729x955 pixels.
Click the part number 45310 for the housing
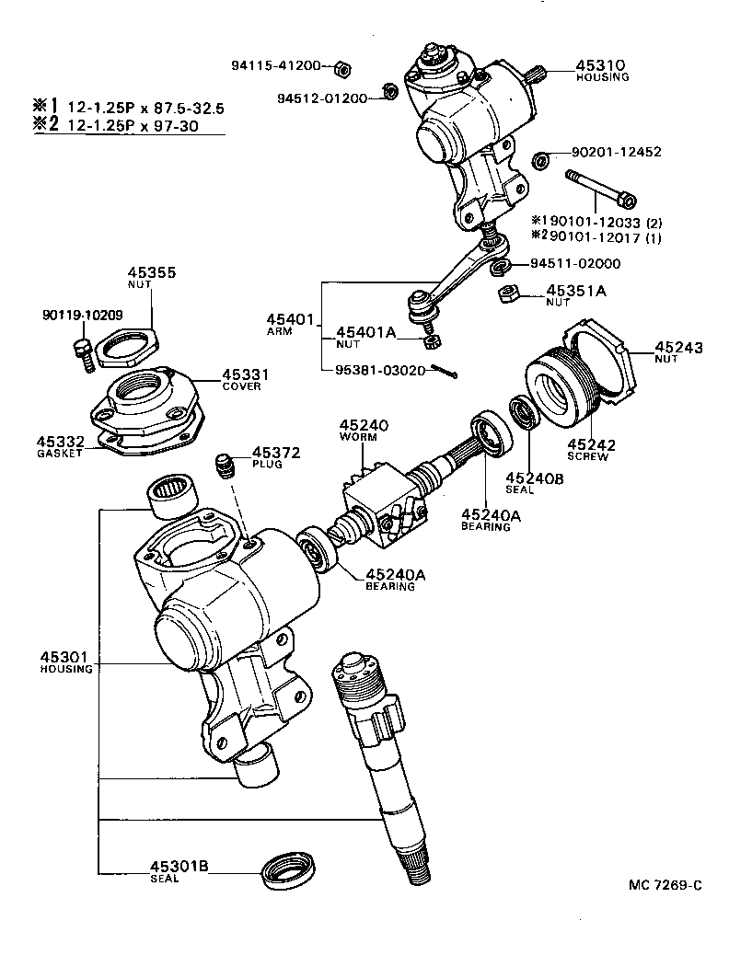tap(600, 65)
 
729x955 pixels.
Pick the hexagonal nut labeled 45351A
tap(505, 295)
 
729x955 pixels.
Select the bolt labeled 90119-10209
tap(83, 353)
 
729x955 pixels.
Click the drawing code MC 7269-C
tap(665, 885)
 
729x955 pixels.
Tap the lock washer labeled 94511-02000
tap(499, 267)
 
